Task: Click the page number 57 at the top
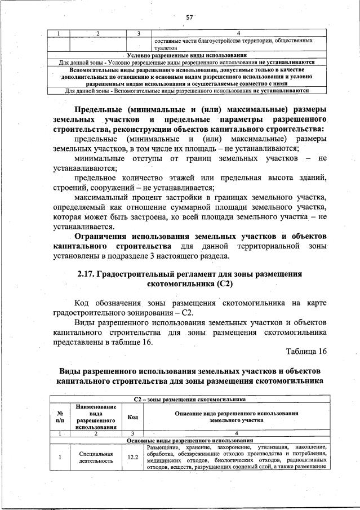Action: [x=189, y=17]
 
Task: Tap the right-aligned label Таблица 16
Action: [x=306, y=351]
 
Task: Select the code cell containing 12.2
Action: [x=132, y=457]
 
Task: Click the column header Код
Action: [x=132, y=417]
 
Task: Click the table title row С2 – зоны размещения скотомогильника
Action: [x=189, y=400]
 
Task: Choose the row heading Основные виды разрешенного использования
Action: [x=189, y=440]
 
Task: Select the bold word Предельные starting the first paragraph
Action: [x=104, y=109]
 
